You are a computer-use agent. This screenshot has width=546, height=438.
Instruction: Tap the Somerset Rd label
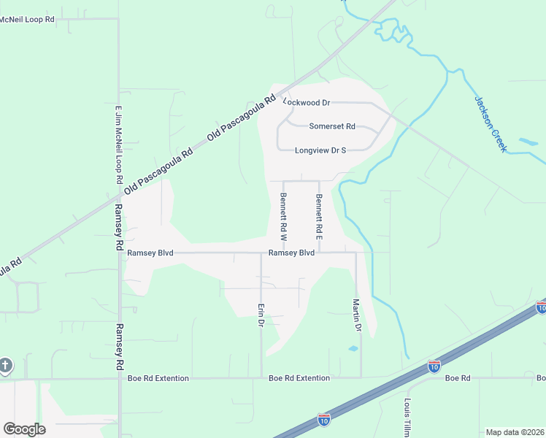(331, 126)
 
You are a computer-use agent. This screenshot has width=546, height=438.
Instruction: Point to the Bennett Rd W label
(283, 217)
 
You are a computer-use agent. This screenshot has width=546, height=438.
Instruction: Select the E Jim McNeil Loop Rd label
(118, 145)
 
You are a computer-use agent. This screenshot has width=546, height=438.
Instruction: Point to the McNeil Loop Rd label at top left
(27, 19)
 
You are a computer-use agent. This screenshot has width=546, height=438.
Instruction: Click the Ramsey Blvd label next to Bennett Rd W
(291, 253)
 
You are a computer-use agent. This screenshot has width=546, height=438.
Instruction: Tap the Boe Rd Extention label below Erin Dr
(299, 378)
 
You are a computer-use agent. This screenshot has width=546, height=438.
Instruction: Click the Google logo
(24, 429)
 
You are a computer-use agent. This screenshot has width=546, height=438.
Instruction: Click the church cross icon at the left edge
(5, 365)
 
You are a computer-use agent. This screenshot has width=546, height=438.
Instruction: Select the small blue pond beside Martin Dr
(353, 349)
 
